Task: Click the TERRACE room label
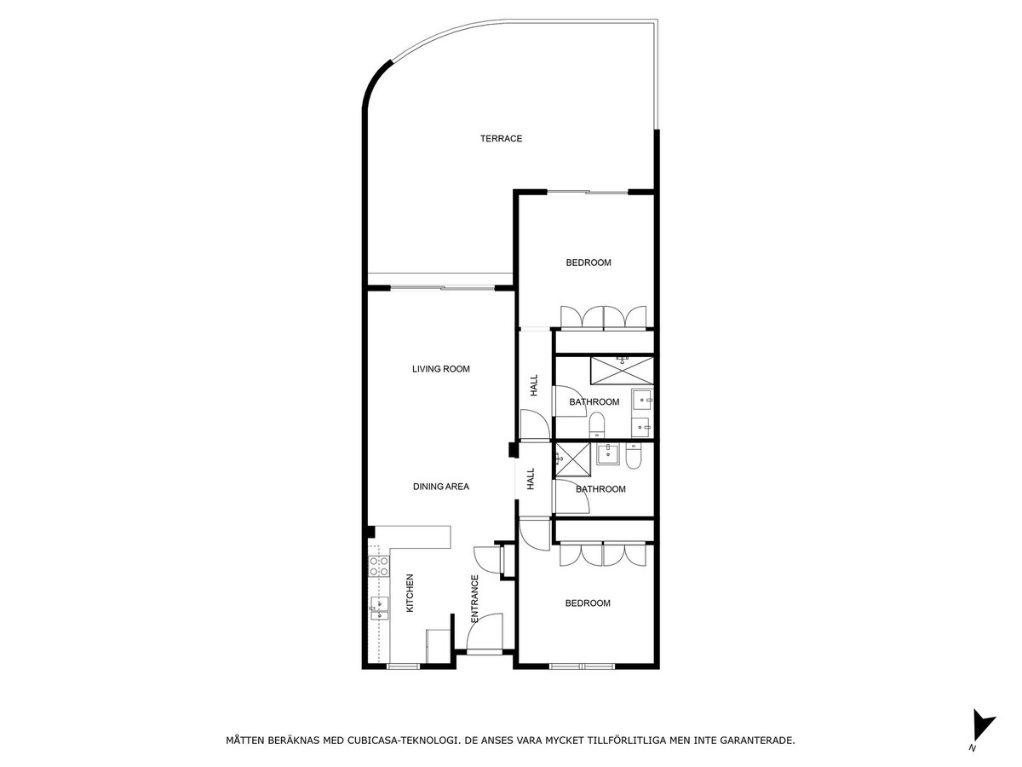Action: (x=501, y=138)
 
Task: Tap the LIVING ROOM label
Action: (x=441, y=369)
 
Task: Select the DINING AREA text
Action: (x=441, y=487)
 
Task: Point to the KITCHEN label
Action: (x=410, y=593)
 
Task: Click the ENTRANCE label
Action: (x=475, y=598)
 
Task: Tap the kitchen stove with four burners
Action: (x=378, y=566)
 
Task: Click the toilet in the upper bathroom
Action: (x=596, y=425)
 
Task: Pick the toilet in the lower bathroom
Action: (x=634, y=455)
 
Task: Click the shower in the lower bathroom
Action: (x=572, y=459)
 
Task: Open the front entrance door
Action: (x=485, y=634)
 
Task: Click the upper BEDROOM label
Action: (x=589, y=262)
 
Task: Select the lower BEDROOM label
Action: (x=588, y=603)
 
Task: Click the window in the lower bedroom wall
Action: (x=582, y=666)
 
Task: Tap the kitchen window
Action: (x=403, y=666)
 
